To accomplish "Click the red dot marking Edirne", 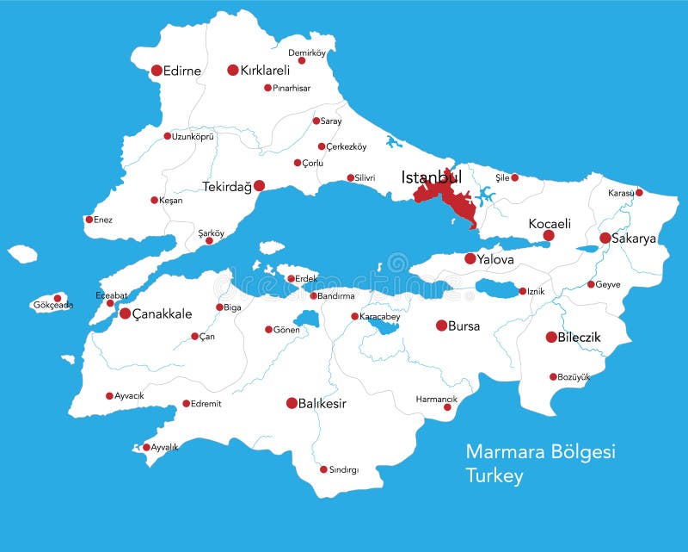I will pyautogui.click(x=157, y=71).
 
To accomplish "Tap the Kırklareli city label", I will pyautogui.click(x=265, y=71).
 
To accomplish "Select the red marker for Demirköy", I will pyautogui.click(x=302, y=60).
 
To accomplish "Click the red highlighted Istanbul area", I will pyautogui.click(x=451, y=203).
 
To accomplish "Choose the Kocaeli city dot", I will pyautogui.click(x=549, y=236).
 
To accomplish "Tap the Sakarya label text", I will pyautogui.click(x=636, y=239).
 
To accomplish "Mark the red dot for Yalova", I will pyautogui.click(x=470, y=258).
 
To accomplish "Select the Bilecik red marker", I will pyautogui.click(x=551, y=337).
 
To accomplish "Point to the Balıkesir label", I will pyautogui.click(x=323, y=404).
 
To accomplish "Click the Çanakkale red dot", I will pyautogui.click(x=125, y=313).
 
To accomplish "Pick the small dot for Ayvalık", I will pyautogui.click(x=146, y=447).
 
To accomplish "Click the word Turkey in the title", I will pyautogui.click(x=494, y=476).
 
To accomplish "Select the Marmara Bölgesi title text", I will pyautogui.click(x=541, y=451).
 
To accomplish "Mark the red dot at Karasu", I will pyautogui.click(x=639, y=192).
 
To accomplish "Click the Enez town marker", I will pyautogui.click(x=89, y=220).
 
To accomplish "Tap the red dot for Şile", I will pyautogui.click(x=514, y=177).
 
